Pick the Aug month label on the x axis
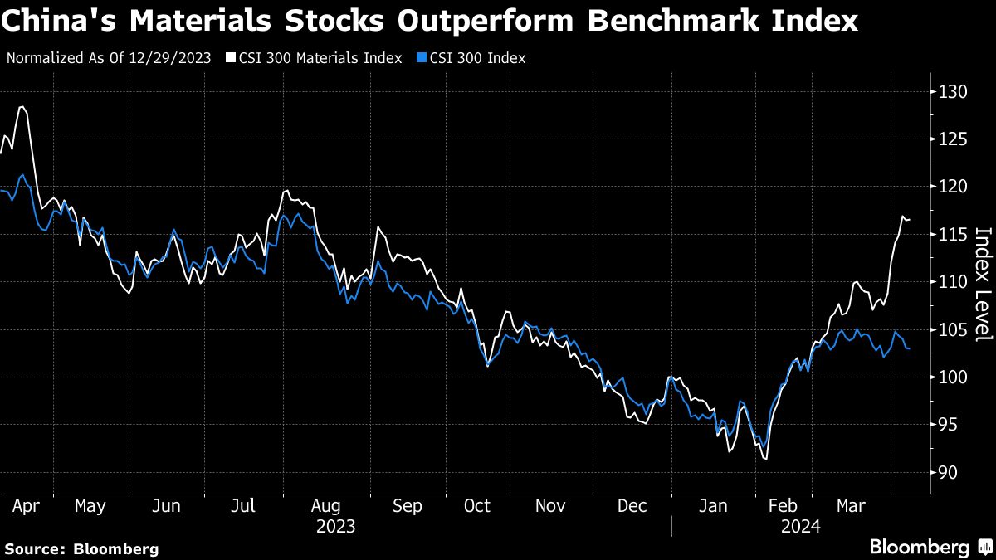click(x=325, y=505)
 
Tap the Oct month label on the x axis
click(x=477, y=505)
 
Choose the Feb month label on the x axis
click(x=784, y=505)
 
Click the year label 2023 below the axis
click(x=336, y=527)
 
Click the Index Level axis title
click(x=983, y=284)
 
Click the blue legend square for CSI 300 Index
click(x=422, y=58)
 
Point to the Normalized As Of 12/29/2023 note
click(x=109, y=58)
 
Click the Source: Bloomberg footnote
click(x=81, y=548)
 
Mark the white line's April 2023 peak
click(x=21, y=107)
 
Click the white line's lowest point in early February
click(x=765, y=459)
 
